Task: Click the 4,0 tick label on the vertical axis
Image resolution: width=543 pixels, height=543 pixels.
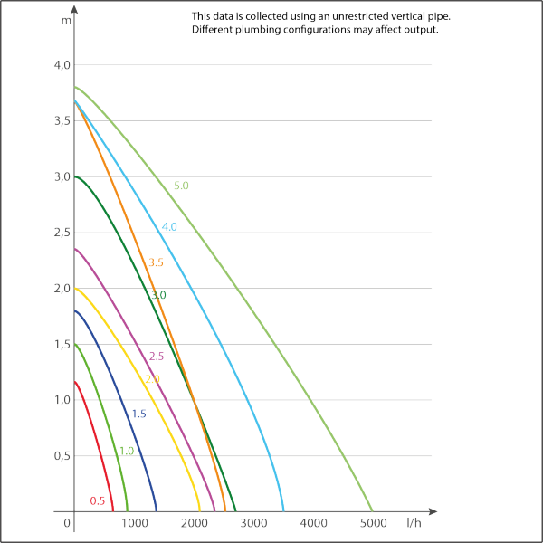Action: coord(60,65)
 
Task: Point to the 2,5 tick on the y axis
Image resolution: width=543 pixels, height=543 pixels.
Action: coord(60,233)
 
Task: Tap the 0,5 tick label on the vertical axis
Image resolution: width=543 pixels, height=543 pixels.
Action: coord(60,456)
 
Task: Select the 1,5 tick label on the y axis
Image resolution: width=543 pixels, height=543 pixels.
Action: coord(60,345)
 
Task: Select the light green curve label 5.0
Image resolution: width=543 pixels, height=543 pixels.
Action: coord(181,186)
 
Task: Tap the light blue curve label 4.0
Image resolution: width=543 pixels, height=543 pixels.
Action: coord(169,227)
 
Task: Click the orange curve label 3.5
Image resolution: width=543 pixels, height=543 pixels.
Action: coord(155,262)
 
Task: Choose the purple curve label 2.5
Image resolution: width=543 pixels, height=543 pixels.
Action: coord(156,357)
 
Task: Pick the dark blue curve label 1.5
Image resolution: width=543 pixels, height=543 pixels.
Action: coord(139,413)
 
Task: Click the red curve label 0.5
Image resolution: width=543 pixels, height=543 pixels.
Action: coord(98,500)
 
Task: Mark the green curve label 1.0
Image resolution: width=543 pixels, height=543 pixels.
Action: coord(127,451)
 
